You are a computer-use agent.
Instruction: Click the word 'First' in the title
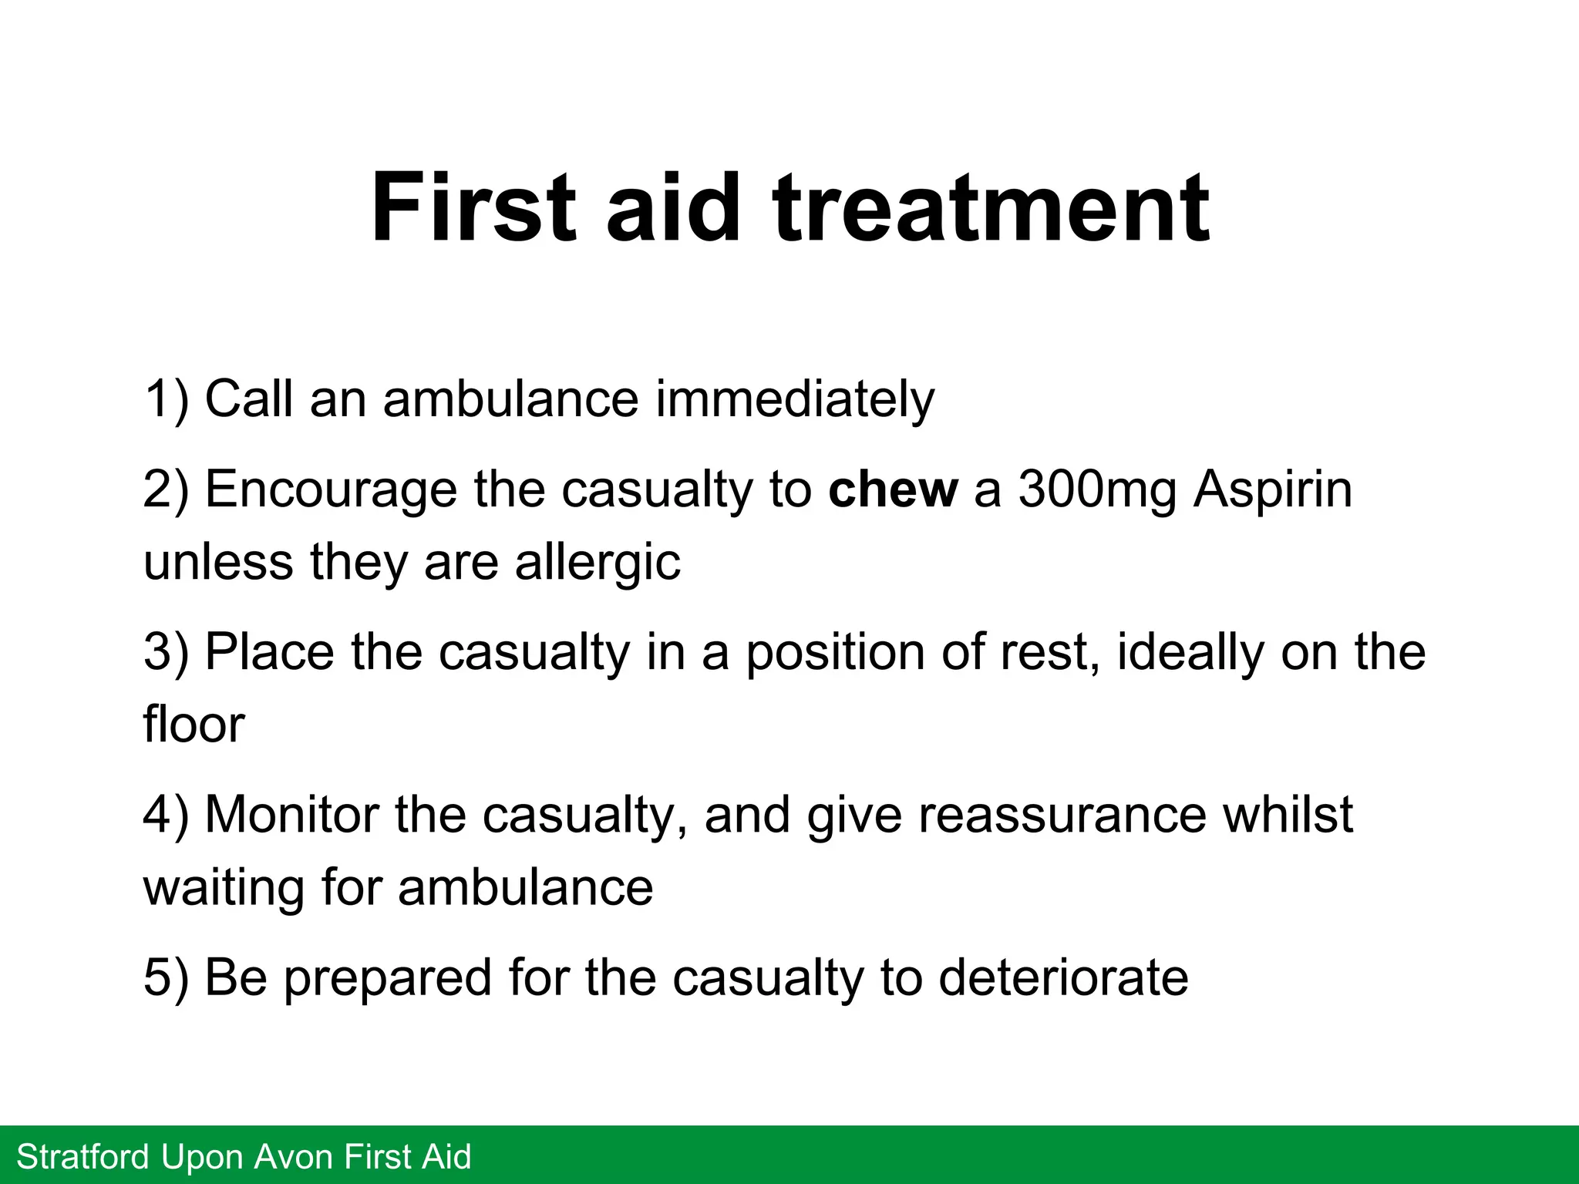[473, 208]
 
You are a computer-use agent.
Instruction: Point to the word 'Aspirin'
[1272, 490]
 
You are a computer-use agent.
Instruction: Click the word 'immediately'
[794, 399]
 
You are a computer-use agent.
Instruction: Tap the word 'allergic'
[598, 563]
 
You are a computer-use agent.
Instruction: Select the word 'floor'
[194, 725]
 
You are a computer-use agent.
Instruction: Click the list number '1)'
[166, 399]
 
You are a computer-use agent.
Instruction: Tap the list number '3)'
[166, 652]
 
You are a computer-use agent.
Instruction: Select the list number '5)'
[166, 977]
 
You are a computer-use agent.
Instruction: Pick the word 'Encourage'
[331, 490]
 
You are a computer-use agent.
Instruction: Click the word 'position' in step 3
[835, 652]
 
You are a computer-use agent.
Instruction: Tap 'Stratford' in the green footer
[83, 1157]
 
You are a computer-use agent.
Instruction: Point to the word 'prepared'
[387, 979]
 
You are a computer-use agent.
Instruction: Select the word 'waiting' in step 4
[224, 888]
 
